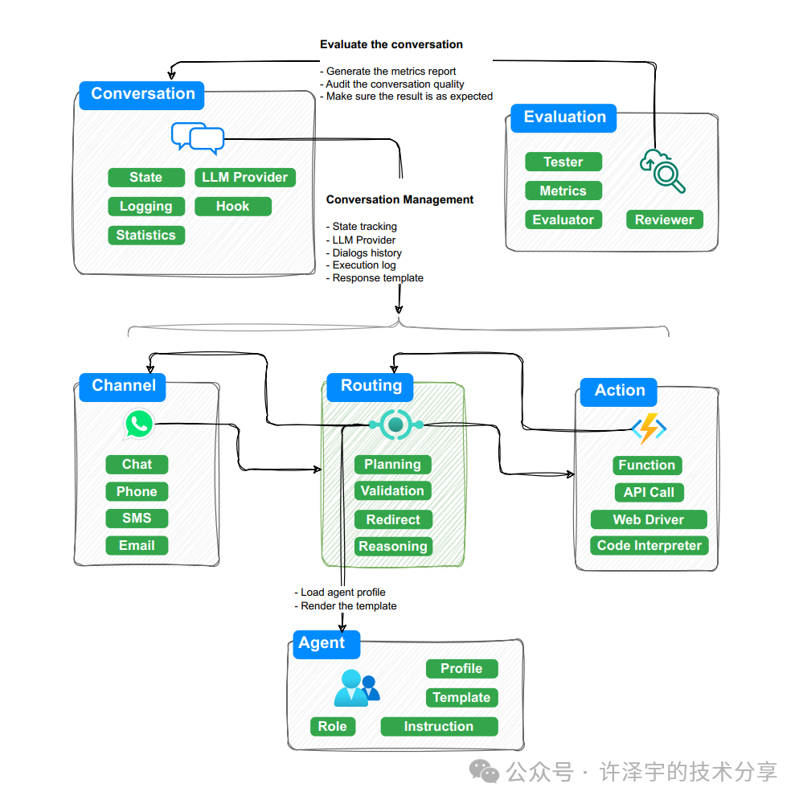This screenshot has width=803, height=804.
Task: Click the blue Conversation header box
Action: point(142,94)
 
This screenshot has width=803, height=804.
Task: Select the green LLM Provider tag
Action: point(244,178)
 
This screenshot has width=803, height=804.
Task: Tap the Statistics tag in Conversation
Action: point(145,236)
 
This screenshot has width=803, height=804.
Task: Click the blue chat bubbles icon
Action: point(197,137)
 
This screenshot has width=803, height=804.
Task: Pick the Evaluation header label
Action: point(564,117)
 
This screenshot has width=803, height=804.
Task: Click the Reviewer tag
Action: point(664,220)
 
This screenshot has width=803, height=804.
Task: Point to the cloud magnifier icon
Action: point(662,170)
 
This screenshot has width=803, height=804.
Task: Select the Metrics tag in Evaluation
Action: point(563,191)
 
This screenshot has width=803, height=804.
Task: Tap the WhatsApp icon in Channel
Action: point(138,425)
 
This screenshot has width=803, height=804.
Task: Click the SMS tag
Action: point(137,519)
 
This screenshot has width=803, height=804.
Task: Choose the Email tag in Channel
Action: point(137,546)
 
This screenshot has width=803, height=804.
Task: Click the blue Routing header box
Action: point(371,386)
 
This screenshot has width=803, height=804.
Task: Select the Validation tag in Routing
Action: point(392,491)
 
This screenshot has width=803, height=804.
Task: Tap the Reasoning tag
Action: point(392,547)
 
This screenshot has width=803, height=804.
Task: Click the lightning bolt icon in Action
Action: point(648,429)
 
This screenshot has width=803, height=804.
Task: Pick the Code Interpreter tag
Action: point(649,546)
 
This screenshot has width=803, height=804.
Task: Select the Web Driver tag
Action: point(648,520)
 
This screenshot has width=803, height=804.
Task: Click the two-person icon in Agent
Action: point(356,689)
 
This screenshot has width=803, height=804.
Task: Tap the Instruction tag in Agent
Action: point(438,727)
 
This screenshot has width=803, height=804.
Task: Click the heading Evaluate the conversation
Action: point(391,45)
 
